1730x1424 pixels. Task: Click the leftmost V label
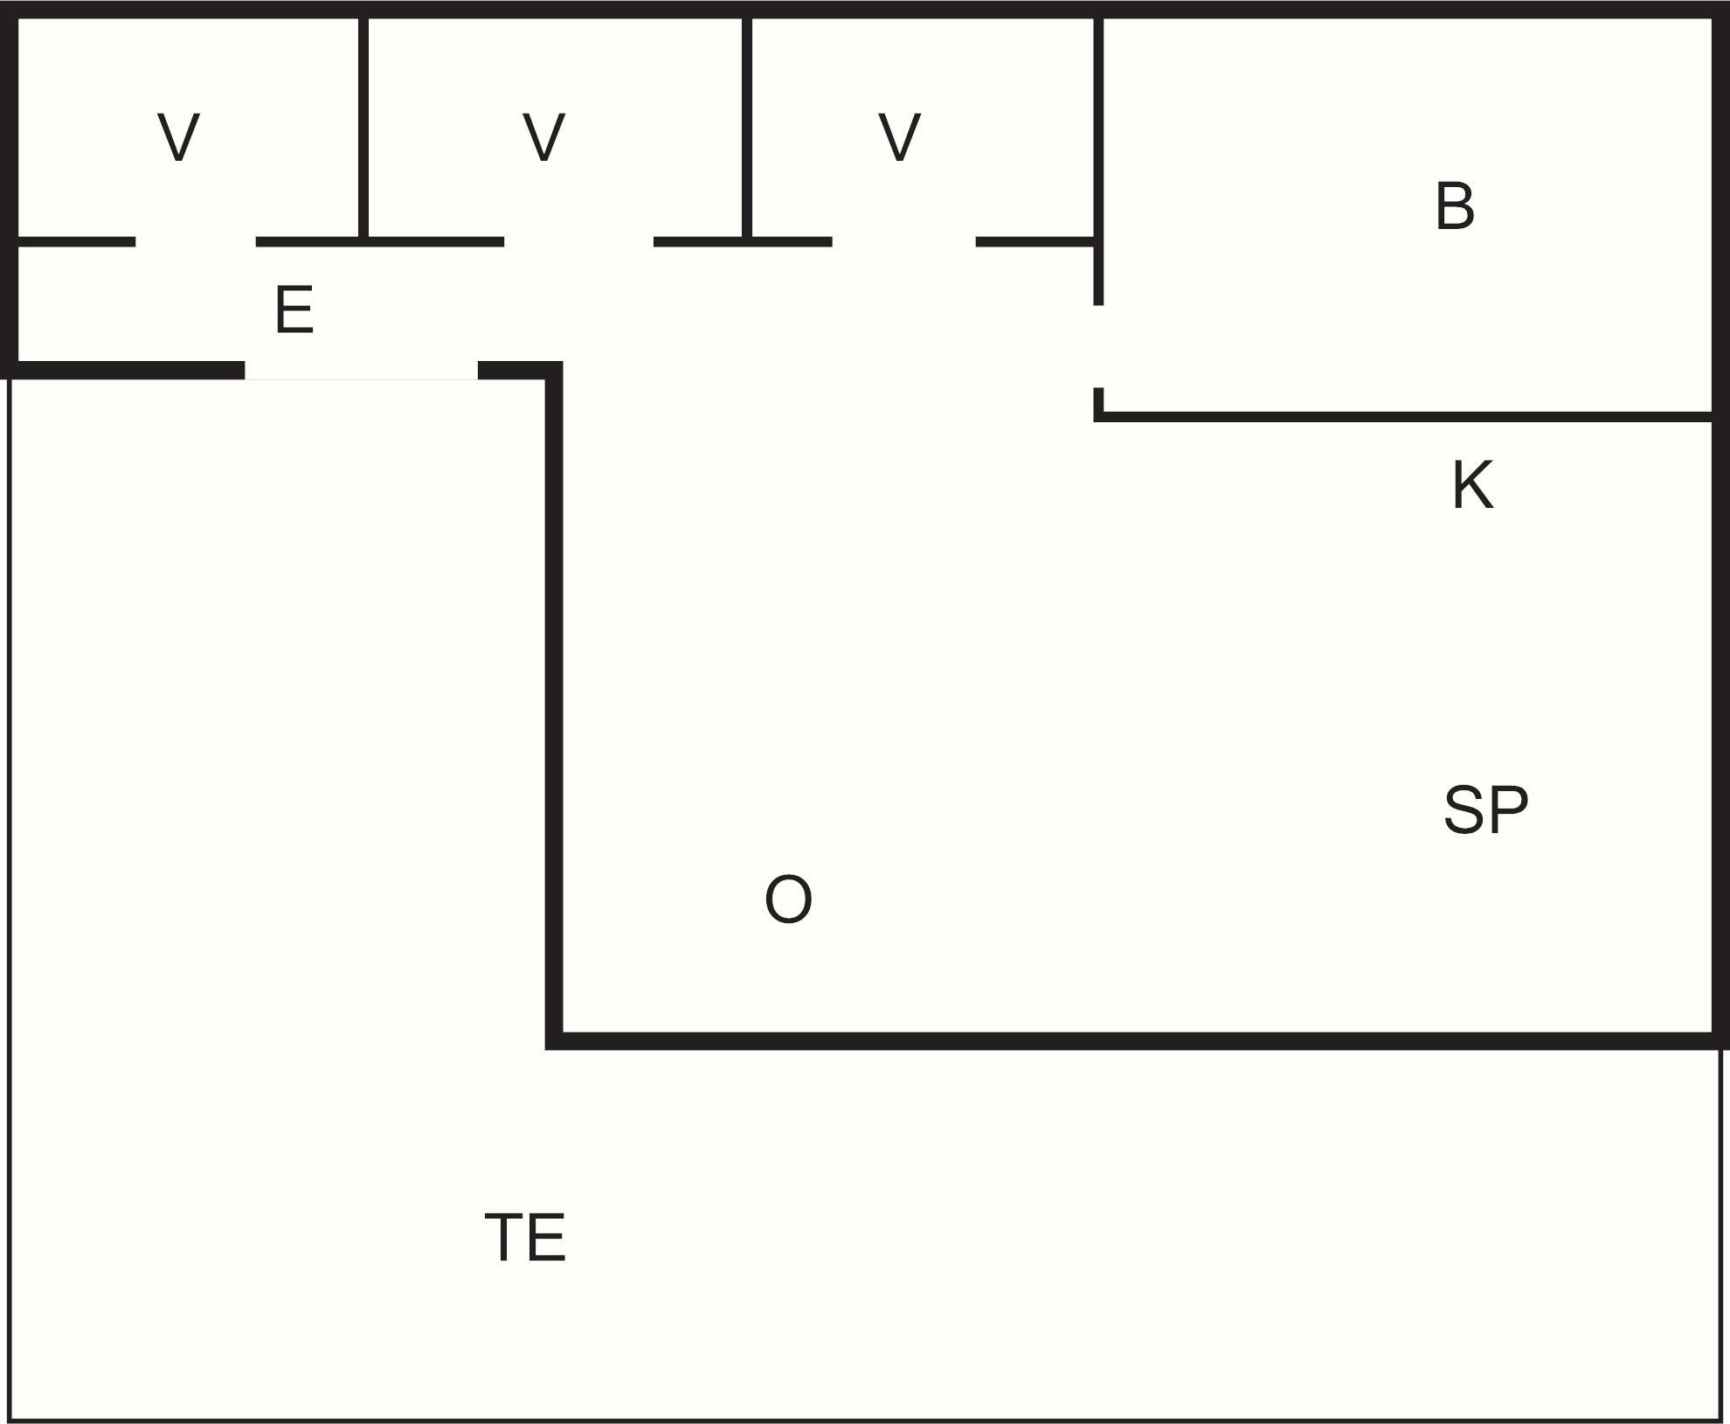[x=179, y=138]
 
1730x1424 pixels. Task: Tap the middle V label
[x=543, y=138]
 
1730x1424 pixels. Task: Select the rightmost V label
[x=899, y=138]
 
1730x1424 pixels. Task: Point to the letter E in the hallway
[x=294, y=310]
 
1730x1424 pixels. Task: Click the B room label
[x=1455, y=207]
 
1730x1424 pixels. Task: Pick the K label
[x=1472, y=485]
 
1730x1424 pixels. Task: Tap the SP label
[x=1485, y=810]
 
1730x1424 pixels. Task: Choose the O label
[x=788, y=900]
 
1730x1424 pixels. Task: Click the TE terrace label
[x=525, y=1238]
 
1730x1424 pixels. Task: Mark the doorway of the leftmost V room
[x=195, y=241]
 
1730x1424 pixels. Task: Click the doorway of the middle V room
[x=578, y=241]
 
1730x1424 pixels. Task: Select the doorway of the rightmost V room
[x=903, y=241]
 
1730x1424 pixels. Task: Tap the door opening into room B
[x=1098, y=346]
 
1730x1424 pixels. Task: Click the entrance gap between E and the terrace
[x=361, y=371]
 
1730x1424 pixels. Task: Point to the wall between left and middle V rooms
[x=363, y=127]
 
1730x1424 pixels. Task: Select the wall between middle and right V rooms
[x=747, y=127]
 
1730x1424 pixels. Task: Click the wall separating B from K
[x=1407, y=416]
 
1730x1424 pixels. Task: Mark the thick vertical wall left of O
[x=554, y=699]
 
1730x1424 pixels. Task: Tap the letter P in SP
[x=1509, y=810]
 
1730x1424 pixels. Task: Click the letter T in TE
[x=504, y=1238]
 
